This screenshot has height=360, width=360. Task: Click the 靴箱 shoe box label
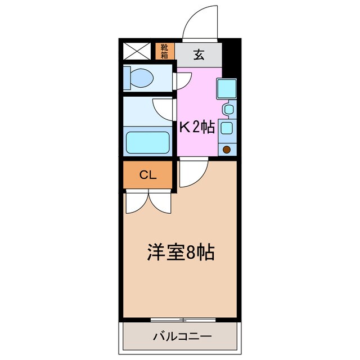pos(164,51)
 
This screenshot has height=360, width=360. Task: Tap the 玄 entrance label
pos(199,55)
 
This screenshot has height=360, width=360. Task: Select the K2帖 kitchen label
pos(197,127)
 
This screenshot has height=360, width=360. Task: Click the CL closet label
pos(148,175)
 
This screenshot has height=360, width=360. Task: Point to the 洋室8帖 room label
pos(181,252)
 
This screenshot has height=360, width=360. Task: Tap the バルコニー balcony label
pos(182,337)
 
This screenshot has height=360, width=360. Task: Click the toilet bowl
pos(142,78)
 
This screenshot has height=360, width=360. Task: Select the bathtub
pos(147,142)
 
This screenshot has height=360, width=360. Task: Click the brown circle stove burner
pos(227,150)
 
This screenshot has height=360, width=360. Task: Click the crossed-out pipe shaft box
pos(137,51)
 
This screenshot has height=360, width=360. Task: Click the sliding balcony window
pos(183,320)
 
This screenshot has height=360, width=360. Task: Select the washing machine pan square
pos(227,89)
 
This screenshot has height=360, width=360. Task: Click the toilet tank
pos(127,78)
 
